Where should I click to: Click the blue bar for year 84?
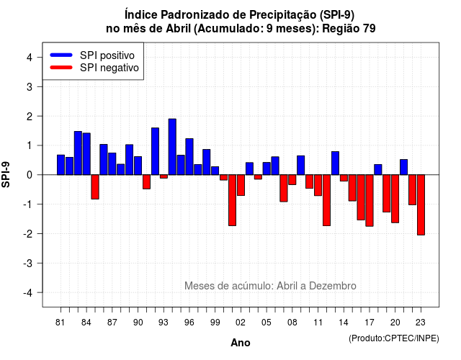tap(86, 154)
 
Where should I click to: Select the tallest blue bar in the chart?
tap(172, 147)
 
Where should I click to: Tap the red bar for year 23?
tap(421, 204)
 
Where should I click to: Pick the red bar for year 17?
tap(370, 200)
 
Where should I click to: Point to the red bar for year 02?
tap(241, 185)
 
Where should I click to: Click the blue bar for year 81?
tap(61, 165)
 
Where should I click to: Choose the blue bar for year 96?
tap(189, 157)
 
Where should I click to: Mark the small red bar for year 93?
tap(164, 176)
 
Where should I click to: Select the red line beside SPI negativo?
tap(61, 68)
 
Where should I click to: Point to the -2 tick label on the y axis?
tap(28, 233)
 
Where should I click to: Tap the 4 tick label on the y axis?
tap(30, 58)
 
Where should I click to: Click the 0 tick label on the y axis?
tap(30, 175)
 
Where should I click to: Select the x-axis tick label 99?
tap(215, 323)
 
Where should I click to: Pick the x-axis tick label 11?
tap(318, 323)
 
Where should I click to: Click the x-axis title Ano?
tap(241, 343)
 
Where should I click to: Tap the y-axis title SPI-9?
tap(6, 174)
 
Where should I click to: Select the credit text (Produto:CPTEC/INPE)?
tap(394, 338)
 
